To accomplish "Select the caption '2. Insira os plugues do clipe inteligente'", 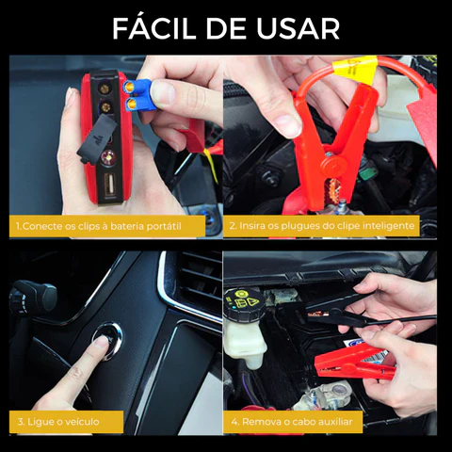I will pyautogui.click(x=331, y=227).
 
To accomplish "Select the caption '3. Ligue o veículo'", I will pyautogui.click(x=56, y=421).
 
